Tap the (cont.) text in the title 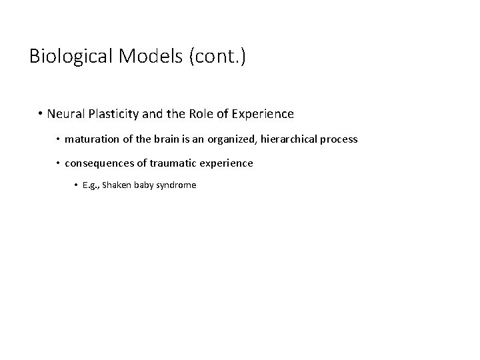[218, 57]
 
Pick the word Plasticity [113, 114]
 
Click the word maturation [91, 139]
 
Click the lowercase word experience [227, 163]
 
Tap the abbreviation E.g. [91, 185]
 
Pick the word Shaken [117, 185]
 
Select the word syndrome [179, 185]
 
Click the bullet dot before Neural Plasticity [41, 114]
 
